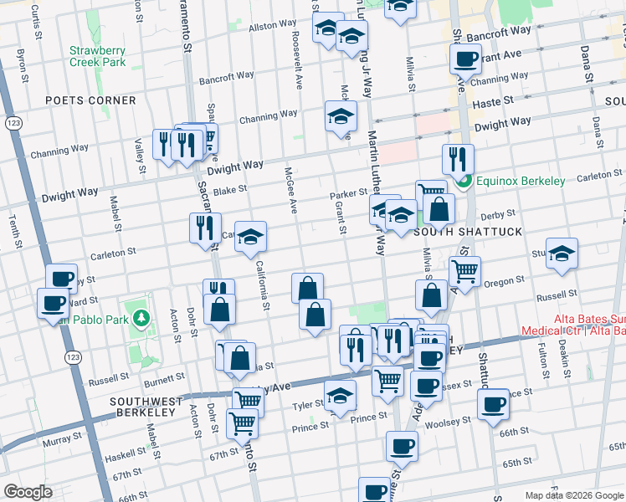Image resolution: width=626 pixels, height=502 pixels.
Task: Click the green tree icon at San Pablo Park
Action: pos(142,318)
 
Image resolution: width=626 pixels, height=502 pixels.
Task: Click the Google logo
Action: pos(28,492)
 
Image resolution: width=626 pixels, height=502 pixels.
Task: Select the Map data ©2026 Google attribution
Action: pos(574,495)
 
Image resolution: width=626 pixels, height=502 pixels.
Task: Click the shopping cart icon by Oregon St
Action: pos(464,270)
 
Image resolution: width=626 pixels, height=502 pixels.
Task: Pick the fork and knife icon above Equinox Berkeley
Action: pos(457,157)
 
